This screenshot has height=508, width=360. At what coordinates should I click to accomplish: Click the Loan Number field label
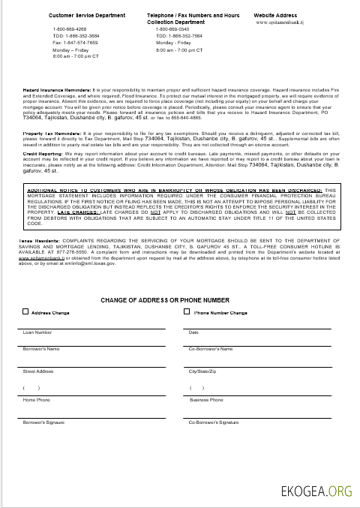click(37, 331)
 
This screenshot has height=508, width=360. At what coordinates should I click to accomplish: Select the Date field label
click(193, 331)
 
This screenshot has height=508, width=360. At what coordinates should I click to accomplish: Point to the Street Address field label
click(39, 371)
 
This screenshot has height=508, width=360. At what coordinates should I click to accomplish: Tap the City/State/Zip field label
click(202, 371)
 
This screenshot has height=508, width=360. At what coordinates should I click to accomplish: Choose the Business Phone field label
click(207, 400)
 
